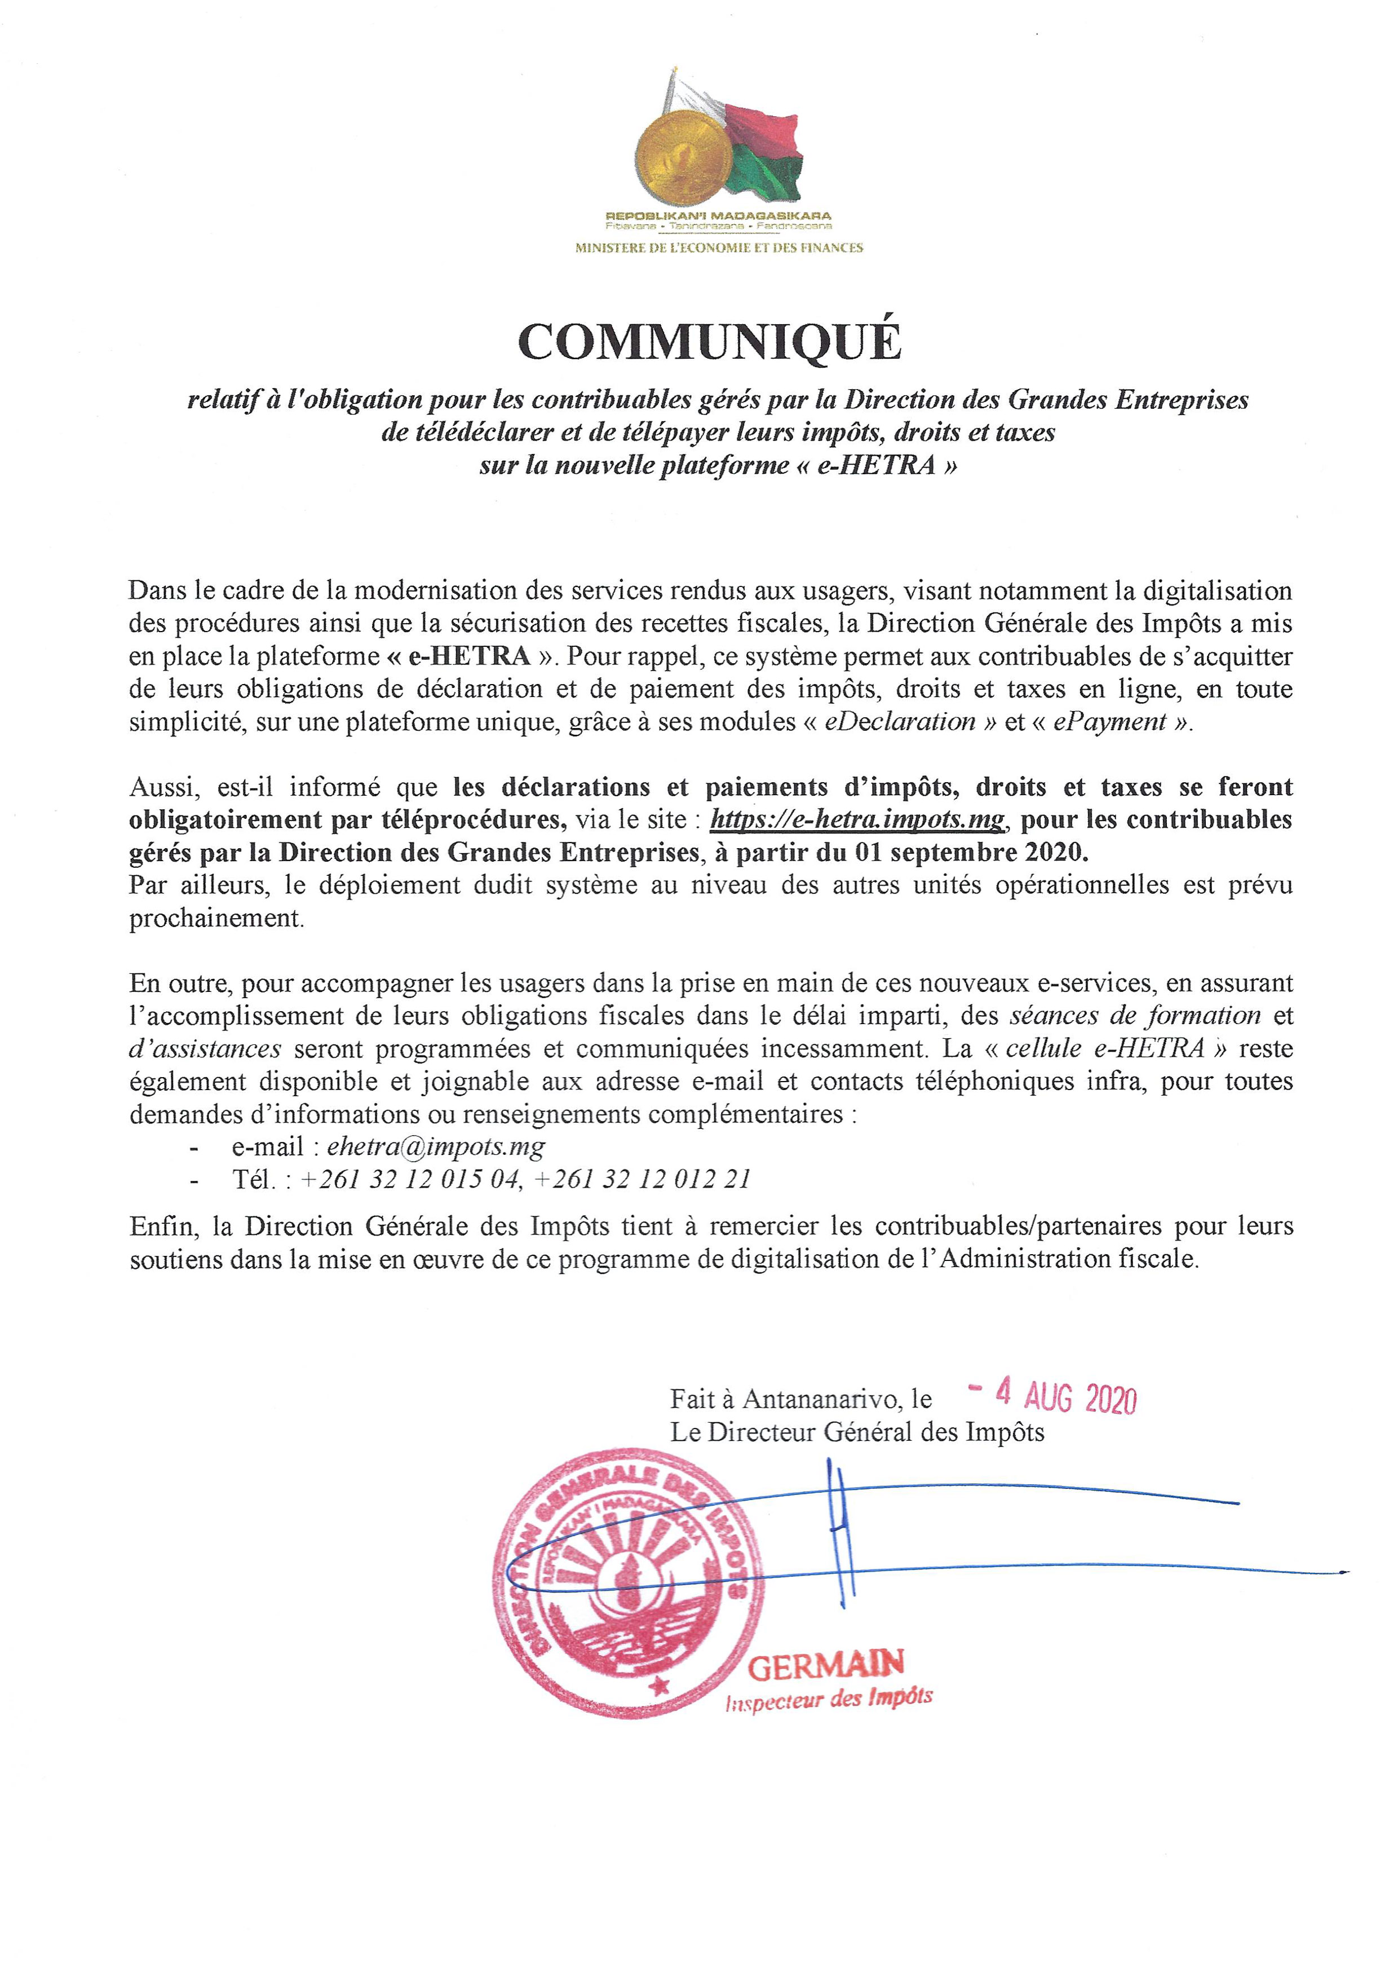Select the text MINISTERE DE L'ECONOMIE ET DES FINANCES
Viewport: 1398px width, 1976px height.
tap(718, 248)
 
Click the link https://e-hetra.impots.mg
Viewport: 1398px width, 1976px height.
tap(857, 820)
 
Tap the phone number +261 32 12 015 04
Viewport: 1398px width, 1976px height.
tap(410, 1180)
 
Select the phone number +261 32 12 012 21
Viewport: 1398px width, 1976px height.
tap(642, 1180)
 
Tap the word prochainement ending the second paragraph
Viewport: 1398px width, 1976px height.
tap(216, 918)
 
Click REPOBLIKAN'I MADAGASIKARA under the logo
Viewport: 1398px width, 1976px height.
tap(718, 215)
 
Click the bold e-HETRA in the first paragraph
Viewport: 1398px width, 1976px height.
tap(469, 656)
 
